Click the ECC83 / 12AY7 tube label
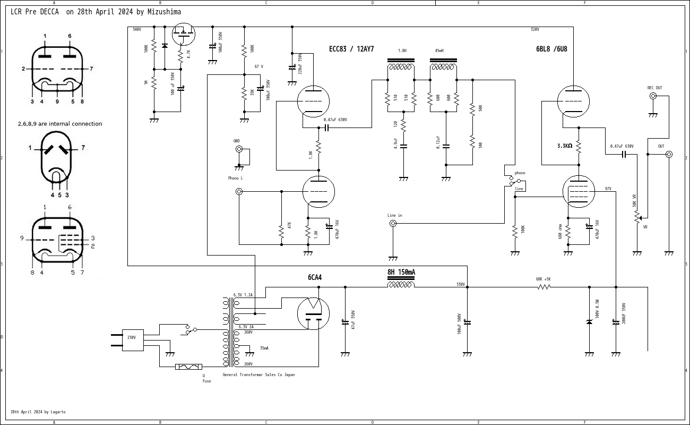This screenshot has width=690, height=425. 351,49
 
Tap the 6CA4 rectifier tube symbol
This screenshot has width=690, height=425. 313,313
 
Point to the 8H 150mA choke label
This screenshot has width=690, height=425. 401,273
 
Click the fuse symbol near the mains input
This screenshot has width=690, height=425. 188,367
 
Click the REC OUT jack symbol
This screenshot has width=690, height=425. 653,96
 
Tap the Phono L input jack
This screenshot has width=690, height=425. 239,191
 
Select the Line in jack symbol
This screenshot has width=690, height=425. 393,224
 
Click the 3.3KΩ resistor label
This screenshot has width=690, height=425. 565,146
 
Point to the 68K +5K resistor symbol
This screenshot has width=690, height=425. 544,287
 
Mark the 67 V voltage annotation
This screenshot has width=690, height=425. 259,67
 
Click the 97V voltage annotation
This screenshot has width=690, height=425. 608,189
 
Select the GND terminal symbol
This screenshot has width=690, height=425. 239,149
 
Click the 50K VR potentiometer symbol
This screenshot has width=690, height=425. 637,217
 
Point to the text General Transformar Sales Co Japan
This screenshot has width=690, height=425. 258,375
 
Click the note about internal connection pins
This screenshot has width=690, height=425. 59,124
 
